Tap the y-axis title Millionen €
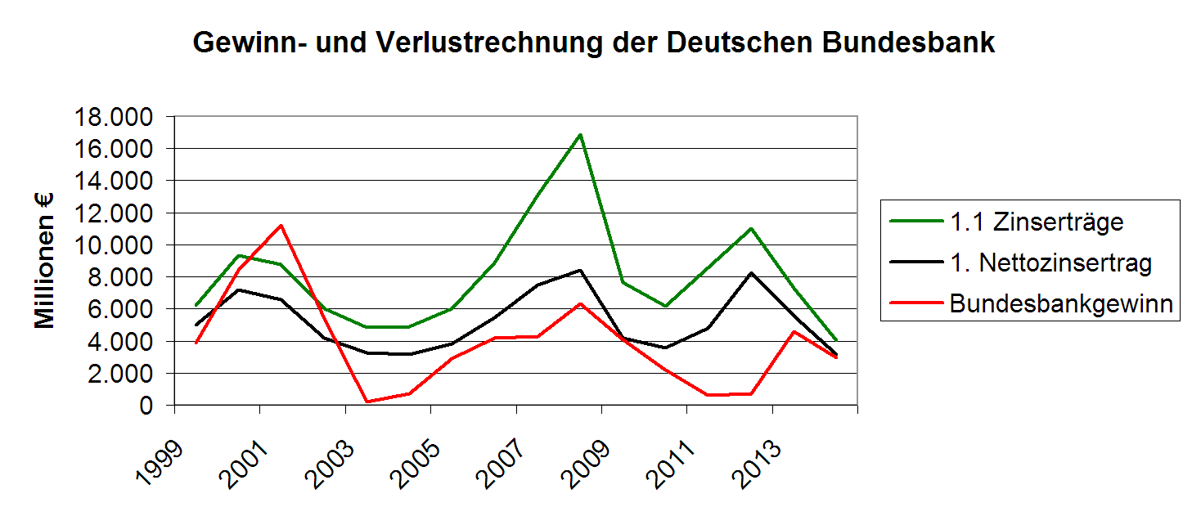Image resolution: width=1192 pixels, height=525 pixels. [x=46, y=261]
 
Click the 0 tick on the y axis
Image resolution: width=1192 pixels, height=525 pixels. [x=146, y=406]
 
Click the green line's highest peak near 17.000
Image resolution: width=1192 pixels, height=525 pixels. [x=580, y=134]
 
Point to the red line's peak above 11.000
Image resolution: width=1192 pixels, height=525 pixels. [x=281, y=225]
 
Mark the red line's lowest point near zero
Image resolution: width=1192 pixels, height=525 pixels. [x=367, y=402]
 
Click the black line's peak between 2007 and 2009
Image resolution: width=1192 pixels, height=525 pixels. [x=580, y=270]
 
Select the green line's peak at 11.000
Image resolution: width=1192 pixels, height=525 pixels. [x=751, y=228]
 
